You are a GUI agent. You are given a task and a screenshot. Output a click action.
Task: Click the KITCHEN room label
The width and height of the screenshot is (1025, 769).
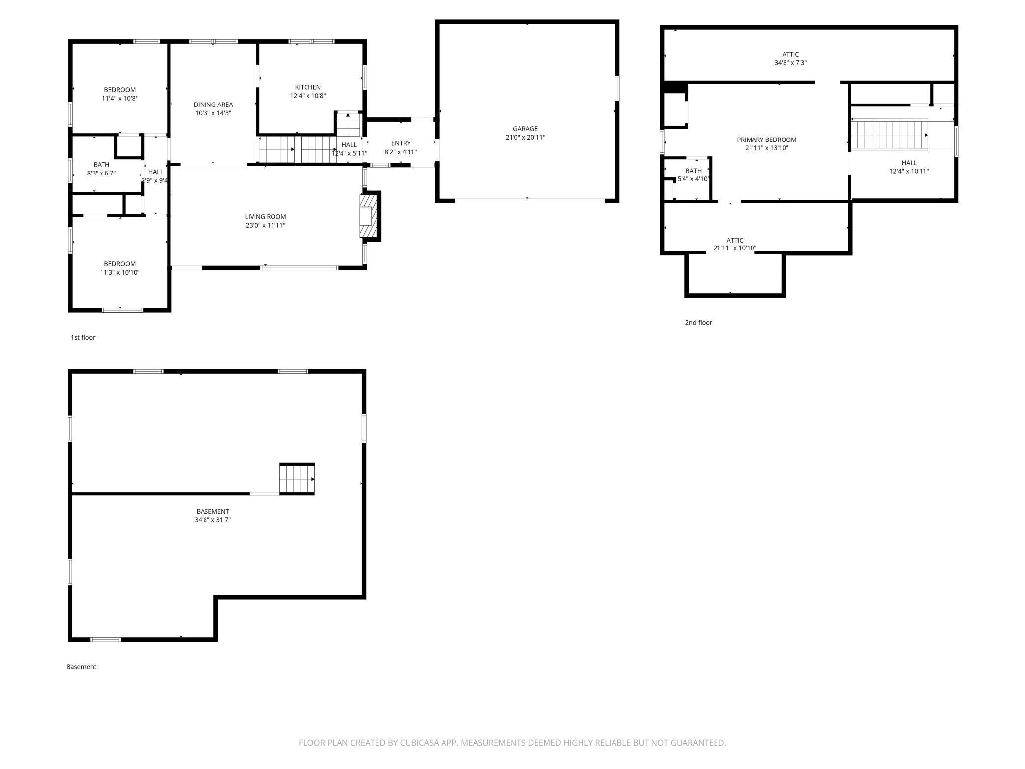pyautogui.click(x=307, y=87)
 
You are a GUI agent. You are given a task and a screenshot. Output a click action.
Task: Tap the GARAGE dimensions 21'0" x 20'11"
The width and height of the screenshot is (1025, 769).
pyautogui.click(x=525, y=138)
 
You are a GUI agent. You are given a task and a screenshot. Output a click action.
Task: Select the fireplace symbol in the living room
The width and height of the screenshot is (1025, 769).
pyautogui.click(x=368, y=216)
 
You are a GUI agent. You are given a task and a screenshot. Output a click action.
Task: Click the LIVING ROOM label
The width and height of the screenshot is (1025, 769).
pyautogui.click(x=265, y=217)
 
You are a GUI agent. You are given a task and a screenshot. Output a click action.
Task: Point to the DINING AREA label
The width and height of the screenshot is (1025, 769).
pyautogui.click(x=213, y=105)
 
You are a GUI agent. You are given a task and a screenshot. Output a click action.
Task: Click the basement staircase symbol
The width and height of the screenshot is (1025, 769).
pyautogui.click(x=297, y=479)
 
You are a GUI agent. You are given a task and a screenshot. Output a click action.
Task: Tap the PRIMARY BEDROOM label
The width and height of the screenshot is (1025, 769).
pyautogui.click(x=766, y=140)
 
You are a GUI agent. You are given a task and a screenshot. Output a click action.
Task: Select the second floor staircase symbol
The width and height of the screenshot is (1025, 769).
pyautogui.click(x=889, y=135)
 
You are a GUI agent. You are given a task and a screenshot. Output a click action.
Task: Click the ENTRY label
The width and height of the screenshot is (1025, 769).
pyautogui.click(x=401, y=143)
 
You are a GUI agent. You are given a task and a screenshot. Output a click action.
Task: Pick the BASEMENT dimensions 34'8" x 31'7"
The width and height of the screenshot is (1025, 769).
pyautogui.click(x=212, y=520)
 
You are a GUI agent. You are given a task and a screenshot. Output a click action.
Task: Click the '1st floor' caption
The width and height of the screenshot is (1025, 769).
pyautogui.click(x=83, y=337)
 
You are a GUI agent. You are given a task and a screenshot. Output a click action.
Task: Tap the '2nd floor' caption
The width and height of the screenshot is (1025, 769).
pyautogui.click(x=698, y=323)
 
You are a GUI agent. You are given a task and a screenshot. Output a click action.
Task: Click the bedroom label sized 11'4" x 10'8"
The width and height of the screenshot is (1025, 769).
pyautogui.click(x=120, y=90)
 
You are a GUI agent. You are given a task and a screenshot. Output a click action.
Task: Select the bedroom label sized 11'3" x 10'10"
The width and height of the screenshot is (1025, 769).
pyautogui.click(x=120, y=264)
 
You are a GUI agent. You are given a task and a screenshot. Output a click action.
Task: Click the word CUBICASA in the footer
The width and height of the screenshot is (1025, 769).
pyautogui.click(x=419, y=743)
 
